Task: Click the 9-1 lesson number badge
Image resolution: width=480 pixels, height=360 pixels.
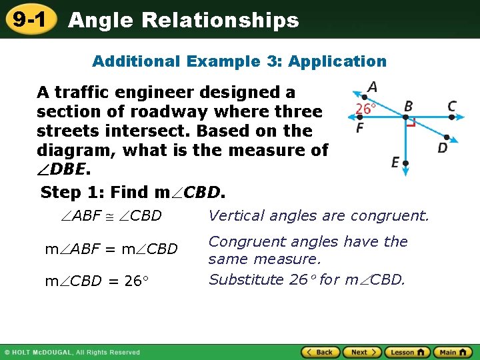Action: [x=29, y=20]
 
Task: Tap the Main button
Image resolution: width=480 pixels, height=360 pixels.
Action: [x=453, y=352]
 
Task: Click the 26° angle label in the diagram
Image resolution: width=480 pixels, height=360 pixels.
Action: [x=365, y=108]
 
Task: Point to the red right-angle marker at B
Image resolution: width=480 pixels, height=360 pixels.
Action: [x=411, y=123]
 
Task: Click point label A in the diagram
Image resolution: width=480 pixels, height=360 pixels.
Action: [x=371, y=87]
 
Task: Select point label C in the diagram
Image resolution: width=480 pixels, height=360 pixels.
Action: [x=452, y=106]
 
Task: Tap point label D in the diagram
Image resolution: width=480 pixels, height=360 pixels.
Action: [x=443, y=147]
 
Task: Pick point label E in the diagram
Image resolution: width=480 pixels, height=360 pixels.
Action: [x=395, y=162]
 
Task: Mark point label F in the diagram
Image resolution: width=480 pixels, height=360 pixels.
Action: [x=359, y=127]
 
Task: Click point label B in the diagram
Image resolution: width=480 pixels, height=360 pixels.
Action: [x=408, y=106]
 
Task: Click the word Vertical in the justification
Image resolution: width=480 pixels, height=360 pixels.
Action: [x=234, y=215]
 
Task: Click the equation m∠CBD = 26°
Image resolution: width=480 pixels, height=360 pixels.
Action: [x=93, y=281]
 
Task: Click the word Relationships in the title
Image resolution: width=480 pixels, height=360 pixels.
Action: [x=220, y=20]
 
